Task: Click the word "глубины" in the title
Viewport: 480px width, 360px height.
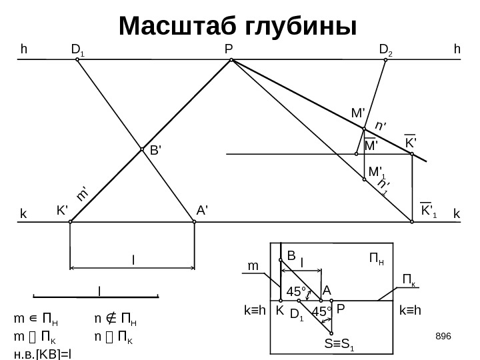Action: (301, 27)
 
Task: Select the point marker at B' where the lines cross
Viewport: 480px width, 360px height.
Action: (142, 149)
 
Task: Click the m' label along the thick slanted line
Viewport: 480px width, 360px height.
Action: (83, 193)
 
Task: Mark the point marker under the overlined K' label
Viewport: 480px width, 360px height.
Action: (412, 155)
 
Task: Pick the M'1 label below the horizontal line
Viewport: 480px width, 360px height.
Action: (378, 172)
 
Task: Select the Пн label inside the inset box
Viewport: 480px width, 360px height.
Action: (377, 257)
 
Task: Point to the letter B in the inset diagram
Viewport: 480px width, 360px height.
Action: (291, 255)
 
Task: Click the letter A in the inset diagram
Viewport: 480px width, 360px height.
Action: (327, 291)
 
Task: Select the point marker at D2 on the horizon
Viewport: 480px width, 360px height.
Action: (385, 60)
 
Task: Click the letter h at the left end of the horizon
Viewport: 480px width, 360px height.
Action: (24, 49)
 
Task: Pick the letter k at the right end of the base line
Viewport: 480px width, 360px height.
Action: (457, 214)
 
